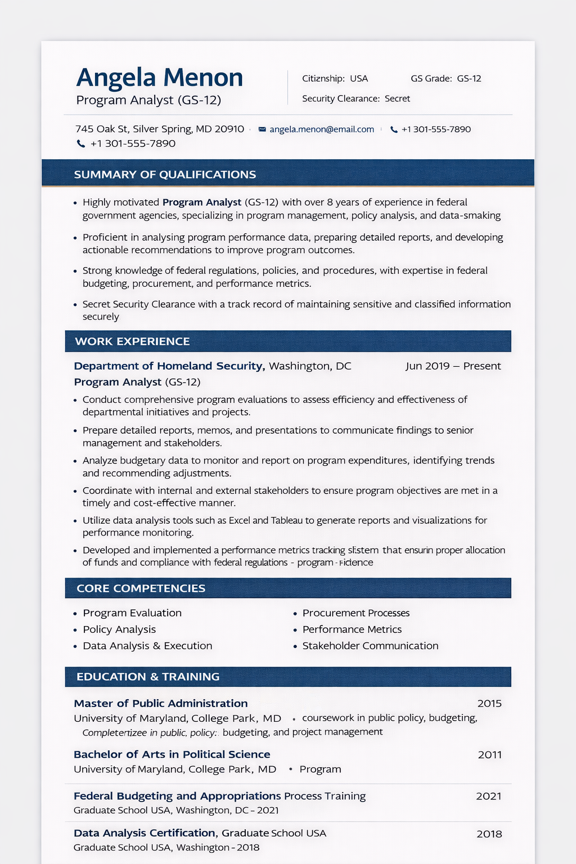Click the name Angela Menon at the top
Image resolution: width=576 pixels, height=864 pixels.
159,78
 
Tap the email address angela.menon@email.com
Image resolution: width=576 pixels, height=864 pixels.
321,129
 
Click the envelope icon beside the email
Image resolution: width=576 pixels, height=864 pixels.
262,129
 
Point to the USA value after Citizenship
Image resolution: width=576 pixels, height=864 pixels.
359,79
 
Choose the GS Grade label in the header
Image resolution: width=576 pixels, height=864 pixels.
431,79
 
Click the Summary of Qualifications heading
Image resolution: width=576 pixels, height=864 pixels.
165,174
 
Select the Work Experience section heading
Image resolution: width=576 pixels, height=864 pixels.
132,341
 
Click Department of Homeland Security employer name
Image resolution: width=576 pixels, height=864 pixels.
169,366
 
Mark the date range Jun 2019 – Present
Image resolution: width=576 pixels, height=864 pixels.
453,366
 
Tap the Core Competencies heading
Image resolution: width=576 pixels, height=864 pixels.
141,588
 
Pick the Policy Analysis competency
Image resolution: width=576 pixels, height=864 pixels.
119,629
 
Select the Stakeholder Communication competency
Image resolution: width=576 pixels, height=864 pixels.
370,646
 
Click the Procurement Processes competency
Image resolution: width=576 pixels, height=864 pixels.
356,613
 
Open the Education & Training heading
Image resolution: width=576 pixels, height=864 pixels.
148,677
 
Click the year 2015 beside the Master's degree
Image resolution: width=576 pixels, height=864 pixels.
489,704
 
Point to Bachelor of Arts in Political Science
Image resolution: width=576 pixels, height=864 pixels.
172,754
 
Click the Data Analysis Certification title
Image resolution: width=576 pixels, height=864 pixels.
145,833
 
